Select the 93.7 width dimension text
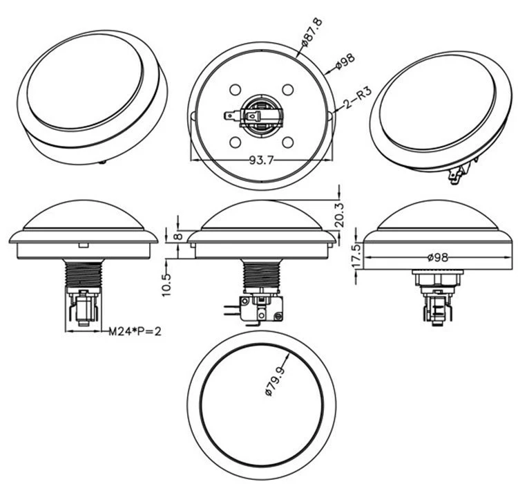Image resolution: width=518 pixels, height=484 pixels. click(262, 160)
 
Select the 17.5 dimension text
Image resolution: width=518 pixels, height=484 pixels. click(356, 257)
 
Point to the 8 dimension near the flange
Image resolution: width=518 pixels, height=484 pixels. click(178, 236)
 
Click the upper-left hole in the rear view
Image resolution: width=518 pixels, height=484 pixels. click(236, 90)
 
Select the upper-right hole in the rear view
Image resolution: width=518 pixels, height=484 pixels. click(288, 90)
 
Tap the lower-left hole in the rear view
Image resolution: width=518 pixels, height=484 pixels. click(236, 142)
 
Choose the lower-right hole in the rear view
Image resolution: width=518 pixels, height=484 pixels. click(288, 142)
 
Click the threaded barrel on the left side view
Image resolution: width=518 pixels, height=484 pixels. click(83, 275)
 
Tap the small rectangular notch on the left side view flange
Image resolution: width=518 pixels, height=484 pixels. click(83, 245)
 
